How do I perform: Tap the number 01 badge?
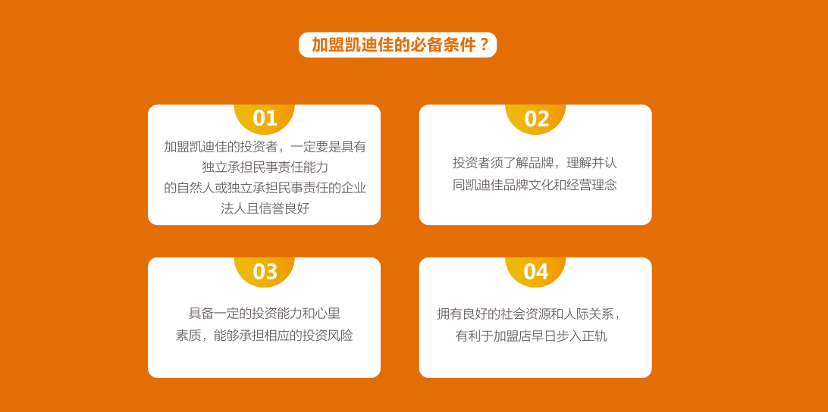pyautogui.click(x=265, y=118)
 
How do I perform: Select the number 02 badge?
pyautogui.click(x=536, y=118)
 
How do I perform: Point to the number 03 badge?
pyautogui.click(x=265, y=271)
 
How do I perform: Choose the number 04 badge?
pyautogui.click(x=536, y=271)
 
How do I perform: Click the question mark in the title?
pyautogui.click(x=483, y=45)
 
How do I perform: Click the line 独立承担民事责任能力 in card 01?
pyautogui.click(x=265, y=167)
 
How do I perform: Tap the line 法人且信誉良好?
pyautogui.click(x=265, y=208)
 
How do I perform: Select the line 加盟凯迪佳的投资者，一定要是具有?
pyautogui.click(x=265, y=147)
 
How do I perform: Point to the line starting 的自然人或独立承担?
pyautogui.click(x=265, y=188)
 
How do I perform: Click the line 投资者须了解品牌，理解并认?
pyautogui.click(x=535, y=163)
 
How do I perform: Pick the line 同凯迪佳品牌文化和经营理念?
pyautogui.click(x=535, y=185)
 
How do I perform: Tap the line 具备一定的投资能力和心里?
pyautogui.click(x=265, y=314)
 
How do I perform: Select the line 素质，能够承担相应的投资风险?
pyautogui.click(x=265, y=336)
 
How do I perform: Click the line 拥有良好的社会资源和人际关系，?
pyautogui.click(x=530, y=314)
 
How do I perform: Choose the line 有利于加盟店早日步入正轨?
pyautogui.click(x=532, y=336)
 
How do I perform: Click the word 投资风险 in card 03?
pyautogui.click(x=328, y=336)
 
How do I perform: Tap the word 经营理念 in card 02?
pyautogui.click(x=591, y=185)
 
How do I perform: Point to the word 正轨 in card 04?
pyautogui.click(x=594, y=336)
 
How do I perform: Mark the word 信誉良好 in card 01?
pyautogui.click(x=284, y=208)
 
